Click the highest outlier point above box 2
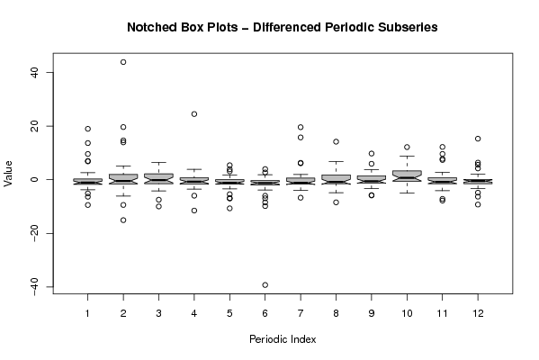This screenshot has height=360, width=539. pos(123,62)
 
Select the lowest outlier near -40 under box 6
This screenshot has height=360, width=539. pos(265,284)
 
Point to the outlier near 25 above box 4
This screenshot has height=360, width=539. pos(194,113)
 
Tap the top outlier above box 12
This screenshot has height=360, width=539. pos(478,139)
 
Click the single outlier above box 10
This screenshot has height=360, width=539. pos(407,147)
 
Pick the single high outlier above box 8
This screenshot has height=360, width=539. pos(336,141)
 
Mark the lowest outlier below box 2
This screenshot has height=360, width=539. pos(123,220)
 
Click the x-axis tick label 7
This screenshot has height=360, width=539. pos(301,313)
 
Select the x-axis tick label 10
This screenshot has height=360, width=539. pos(407,313)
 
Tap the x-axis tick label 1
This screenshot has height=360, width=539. pos(87,313)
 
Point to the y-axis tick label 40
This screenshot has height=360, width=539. pos(34,72)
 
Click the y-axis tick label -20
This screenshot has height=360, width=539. pos(34,233)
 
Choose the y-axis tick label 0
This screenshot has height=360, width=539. pos(34,179)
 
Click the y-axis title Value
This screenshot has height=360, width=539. pos(7,174)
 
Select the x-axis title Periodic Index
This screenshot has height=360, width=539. pos(283,339)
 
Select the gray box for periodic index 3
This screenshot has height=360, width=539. pos(158,178)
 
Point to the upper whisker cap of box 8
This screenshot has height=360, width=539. pos(336,161)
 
